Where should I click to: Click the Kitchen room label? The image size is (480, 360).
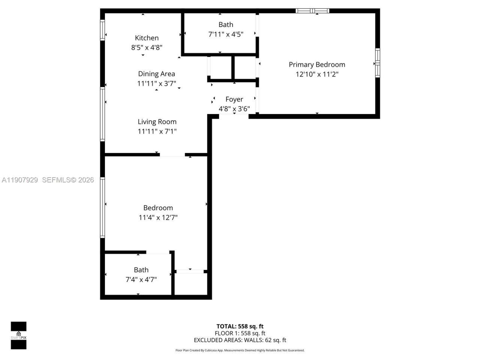pos(147,38)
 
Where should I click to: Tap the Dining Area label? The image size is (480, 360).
pos(156,74)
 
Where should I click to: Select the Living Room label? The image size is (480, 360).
pos(157,121)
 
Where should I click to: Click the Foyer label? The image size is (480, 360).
pos(234,99)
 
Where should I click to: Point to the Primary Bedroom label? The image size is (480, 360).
pos(317,64)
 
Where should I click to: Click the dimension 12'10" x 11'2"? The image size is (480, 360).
pos(317,74)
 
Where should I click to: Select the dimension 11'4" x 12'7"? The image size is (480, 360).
pos(158,217)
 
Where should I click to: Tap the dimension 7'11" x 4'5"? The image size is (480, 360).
pos(226,34)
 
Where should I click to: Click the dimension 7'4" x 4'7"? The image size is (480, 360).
pos(141,280)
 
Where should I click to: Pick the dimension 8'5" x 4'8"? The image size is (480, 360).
pos(147,48)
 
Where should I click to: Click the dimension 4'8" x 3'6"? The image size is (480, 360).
pos(234,109)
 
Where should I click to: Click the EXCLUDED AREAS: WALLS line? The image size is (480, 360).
pos(240,340)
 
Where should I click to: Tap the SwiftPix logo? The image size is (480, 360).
pos(18,335)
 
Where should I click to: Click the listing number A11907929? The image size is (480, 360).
pos(20,180)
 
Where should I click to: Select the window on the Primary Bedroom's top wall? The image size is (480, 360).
pos(312,11)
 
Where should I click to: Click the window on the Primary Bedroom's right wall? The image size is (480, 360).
pos(378,63)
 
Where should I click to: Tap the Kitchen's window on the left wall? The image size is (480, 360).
pos(102,30)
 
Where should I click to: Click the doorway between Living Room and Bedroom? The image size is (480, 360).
pos(172,154)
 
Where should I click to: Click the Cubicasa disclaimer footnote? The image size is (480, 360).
pos(240,350)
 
